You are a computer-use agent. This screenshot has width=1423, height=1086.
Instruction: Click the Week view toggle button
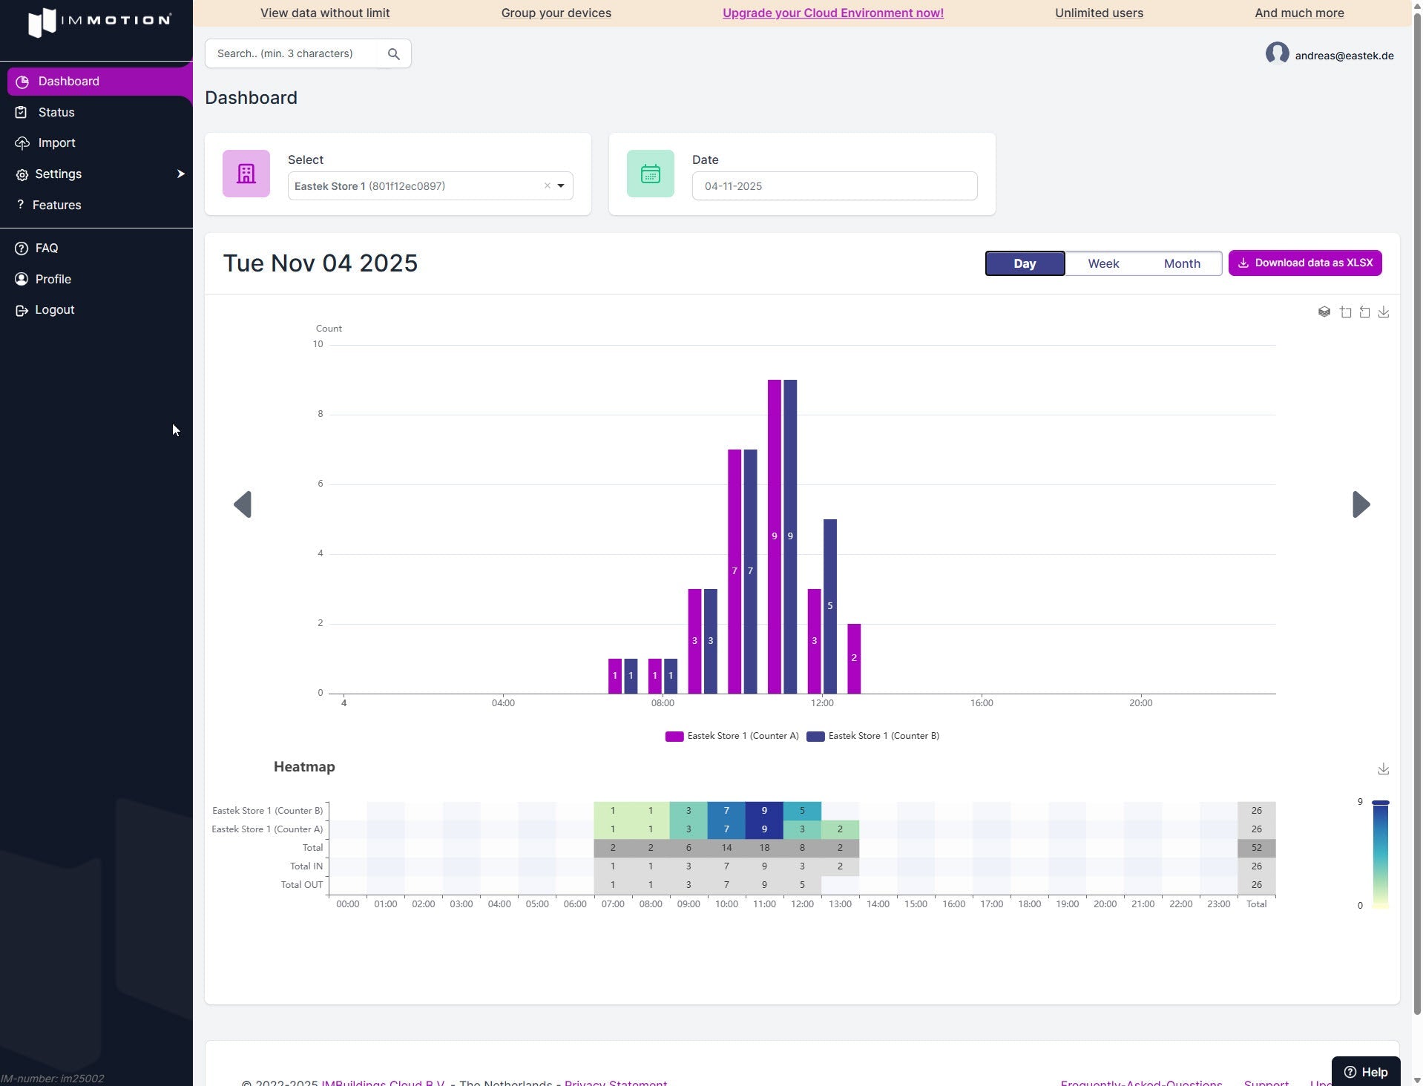1103,263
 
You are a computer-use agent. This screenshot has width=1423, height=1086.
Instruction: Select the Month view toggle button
1182,263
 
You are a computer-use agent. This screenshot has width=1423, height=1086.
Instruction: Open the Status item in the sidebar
56,112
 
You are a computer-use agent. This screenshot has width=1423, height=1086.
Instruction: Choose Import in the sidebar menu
56,142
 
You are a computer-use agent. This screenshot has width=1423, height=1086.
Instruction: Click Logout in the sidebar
54,309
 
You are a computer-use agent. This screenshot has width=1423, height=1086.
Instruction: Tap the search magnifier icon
394,54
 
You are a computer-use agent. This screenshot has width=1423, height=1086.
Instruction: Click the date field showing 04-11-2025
834,186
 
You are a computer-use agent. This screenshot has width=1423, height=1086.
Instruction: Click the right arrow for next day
1361,504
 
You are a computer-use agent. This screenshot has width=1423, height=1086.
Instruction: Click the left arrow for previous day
243,504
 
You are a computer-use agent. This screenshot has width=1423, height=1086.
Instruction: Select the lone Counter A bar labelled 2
854,658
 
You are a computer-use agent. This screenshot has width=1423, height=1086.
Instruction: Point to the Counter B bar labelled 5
830,606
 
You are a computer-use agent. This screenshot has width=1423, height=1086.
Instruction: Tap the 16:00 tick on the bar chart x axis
982,702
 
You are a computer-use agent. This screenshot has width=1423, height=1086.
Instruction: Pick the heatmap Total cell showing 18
764,848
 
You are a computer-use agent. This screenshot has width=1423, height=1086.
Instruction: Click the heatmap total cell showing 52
1256,848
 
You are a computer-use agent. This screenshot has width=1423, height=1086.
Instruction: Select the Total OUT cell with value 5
802,885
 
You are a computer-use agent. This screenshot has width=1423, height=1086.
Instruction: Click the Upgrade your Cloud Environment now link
832,13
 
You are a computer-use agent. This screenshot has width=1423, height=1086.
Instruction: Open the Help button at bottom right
1366,1072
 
